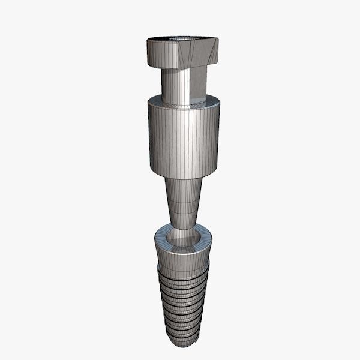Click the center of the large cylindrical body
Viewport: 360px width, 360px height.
point(182,138)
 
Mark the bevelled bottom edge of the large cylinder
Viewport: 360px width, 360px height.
point(183,175)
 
